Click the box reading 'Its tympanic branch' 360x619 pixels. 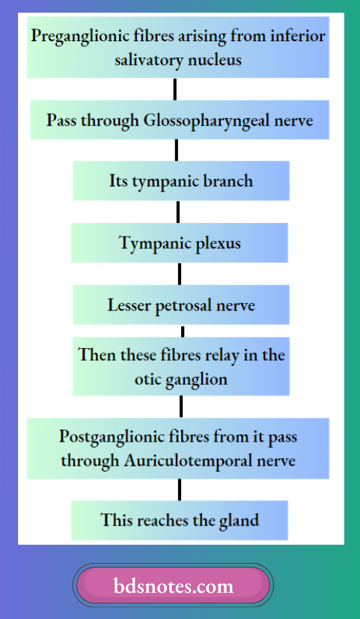coord(180,182)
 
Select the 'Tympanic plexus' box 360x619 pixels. coord(180,243)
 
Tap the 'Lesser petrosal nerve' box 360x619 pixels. coord(180,305)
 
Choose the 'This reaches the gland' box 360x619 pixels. coord(180,520)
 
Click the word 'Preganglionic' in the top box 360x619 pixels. coord(77,36)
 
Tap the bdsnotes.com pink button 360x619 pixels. coord(173,585)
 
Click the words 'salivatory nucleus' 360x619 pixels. coord(178,60)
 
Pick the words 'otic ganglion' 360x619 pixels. coord(180,379)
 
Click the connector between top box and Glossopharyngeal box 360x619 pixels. coord(174,89)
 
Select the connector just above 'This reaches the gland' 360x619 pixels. coord(179,490)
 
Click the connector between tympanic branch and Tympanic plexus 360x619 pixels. coord(177,213)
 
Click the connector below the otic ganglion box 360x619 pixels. coord(181,406)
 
